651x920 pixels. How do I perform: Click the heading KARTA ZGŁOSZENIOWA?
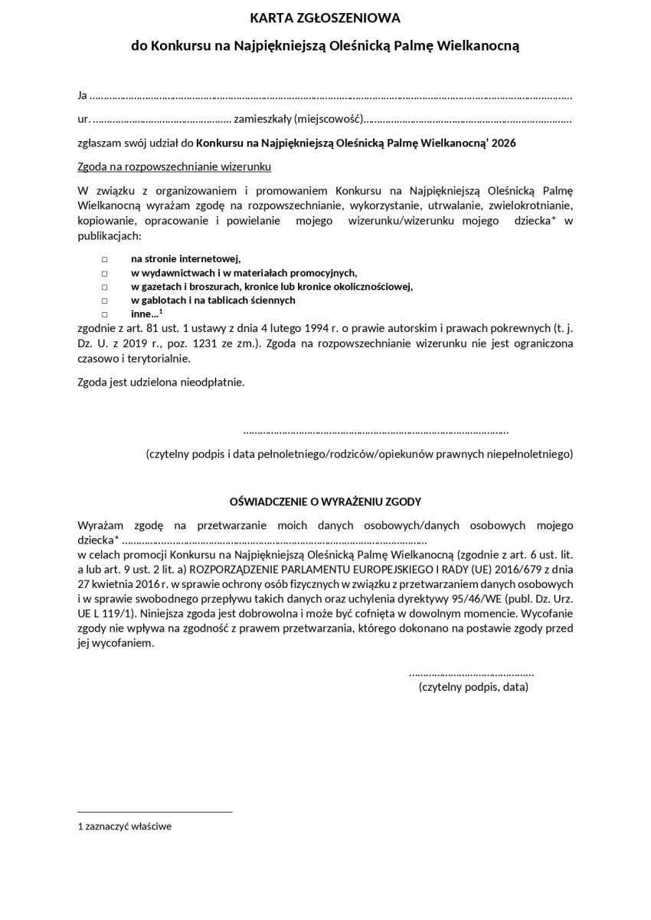[x=325, y=18]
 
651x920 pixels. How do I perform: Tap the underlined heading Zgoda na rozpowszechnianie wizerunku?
[x=175, y=166]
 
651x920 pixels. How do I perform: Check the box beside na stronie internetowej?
[x=104, y=259]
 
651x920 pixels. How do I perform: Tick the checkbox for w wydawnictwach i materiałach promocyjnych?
[x=104, y=273]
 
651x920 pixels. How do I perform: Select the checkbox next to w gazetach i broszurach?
[x=104, y=287]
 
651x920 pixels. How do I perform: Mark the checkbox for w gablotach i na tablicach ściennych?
[x=104, y=301]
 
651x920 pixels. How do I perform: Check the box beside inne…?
[x=104, y=314]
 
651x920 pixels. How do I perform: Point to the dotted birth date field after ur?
[x=161, y=120]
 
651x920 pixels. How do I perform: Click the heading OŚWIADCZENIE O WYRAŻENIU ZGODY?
[x=325, y=501]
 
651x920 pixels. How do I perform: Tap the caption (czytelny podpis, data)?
[x=473, y=687]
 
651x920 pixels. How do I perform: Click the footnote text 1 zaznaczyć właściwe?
[x=125, y=826]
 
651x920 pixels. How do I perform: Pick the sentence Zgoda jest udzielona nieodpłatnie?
[x=161, y=382]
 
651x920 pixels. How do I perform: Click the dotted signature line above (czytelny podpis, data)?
[x=471, y=673]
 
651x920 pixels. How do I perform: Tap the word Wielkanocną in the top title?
[x=479, y=46]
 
